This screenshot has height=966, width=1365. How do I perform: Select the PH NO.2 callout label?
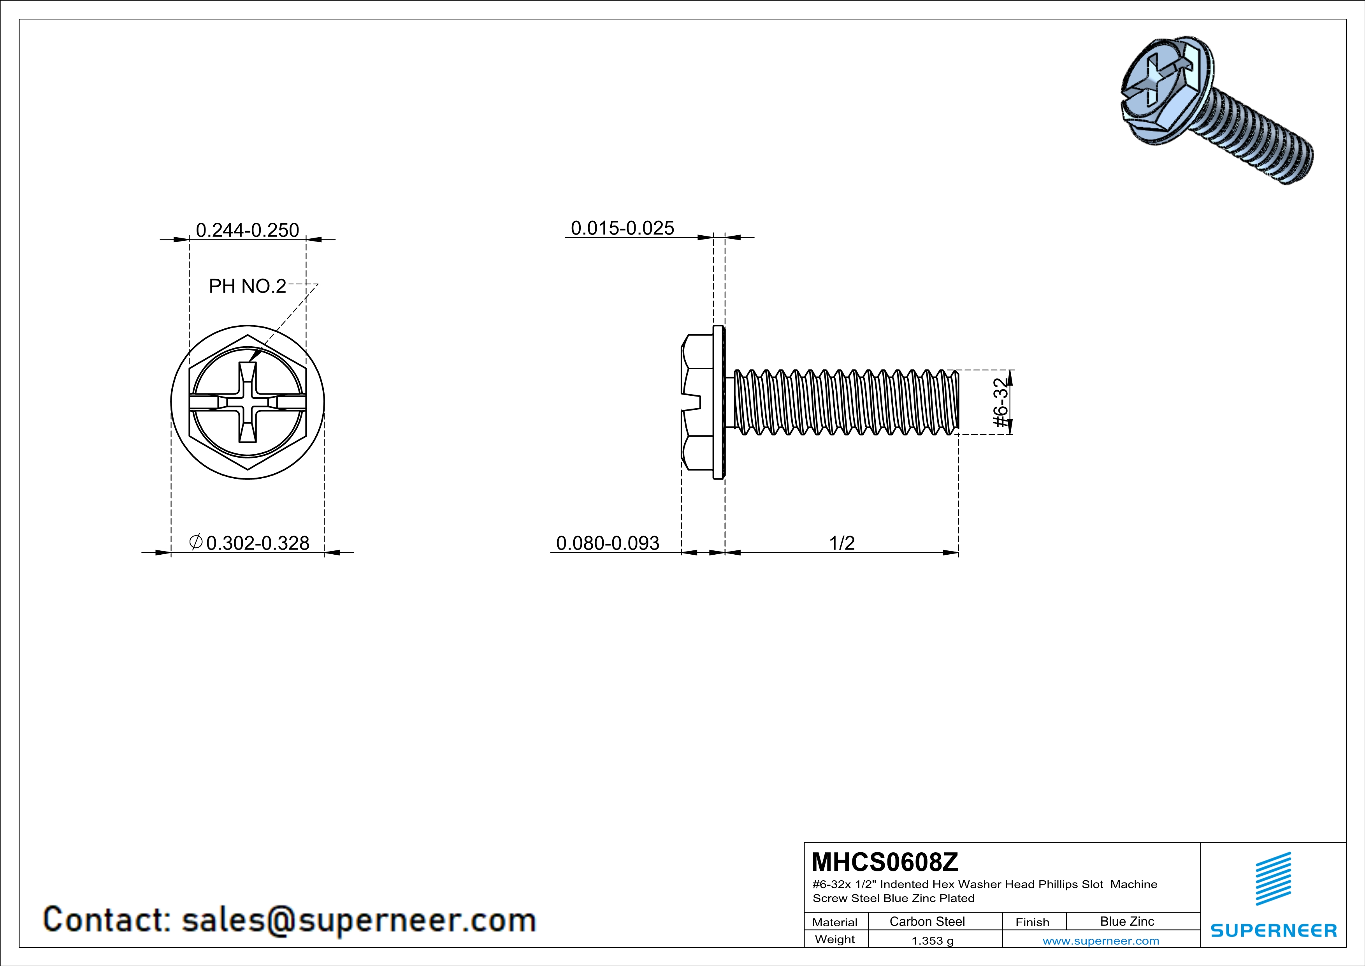coord(247,286)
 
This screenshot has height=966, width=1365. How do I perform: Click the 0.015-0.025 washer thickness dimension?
coord(622,228)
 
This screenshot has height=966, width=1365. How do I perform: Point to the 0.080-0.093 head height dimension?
coord(608,543)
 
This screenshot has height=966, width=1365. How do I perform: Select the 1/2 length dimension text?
coord(842,543)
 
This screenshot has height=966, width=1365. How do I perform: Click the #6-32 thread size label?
coord(1002,403)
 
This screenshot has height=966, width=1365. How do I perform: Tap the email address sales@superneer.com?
coord(358,920)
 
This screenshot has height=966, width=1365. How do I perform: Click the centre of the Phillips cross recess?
coord(248,403)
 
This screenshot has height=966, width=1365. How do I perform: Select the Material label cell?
coord(835,922)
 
